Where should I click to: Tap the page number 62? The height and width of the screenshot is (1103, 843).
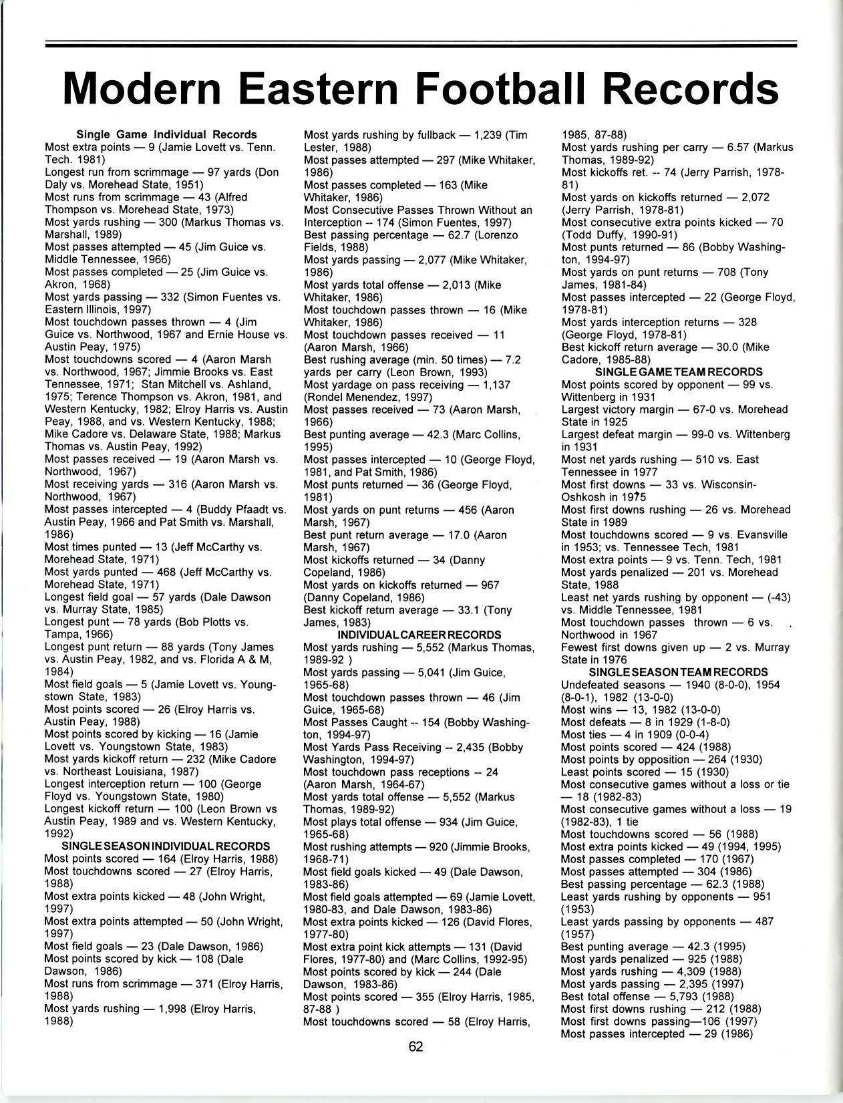point(415,1046)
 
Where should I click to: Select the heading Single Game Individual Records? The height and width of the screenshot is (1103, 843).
point(167,134)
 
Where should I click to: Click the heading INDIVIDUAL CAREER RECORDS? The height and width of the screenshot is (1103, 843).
point(419,635)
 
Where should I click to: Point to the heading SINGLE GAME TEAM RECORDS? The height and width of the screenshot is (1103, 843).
point(678,371)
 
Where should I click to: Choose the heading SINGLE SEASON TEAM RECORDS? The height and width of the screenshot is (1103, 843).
point(678,672)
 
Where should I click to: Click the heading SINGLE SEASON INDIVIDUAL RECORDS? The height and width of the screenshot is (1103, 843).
point(166,846)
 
